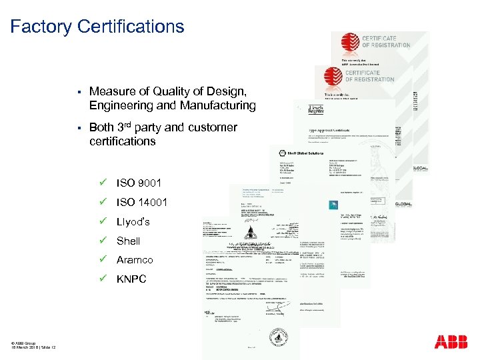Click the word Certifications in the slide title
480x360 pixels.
pos(131,27)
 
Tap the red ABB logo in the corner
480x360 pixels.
pos(451,342)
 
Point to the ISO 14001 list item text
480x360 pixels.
pos(142,202)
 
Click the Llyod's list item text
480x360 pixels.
pos(133,221)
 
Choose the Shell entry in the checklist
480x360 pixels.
pos(129,241)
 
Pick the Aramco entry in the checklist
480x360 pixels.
pos(135,260)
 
